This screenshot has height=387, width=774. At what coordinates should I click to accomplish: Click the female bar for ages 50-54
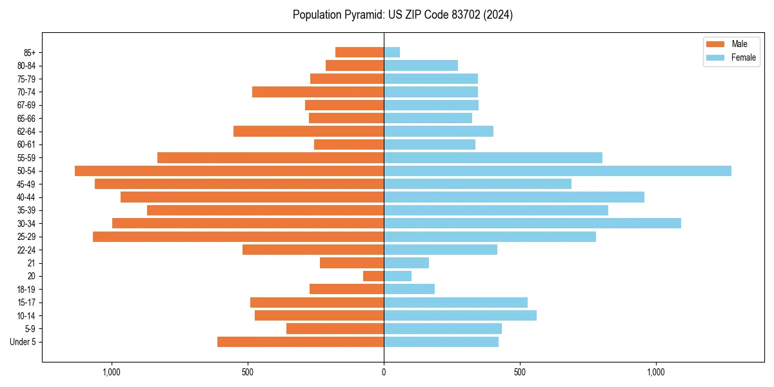point(557,171)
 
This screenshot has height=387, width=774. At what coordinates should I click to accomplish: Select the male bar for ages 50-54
point(229,171)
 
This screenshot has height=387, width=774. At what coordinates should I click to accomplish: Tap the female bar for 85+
point(392,52)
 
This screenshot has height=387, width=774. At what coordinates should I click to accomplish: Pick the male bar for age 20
point(373,276)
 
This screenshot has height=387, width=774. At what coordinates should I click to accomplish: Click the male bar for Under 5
point(301,342)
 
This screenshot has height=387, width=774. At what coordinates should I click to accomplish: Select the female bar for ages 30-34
point(532,223)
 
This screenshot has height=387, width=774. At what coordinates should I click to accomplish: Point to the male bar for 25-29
point(238,237)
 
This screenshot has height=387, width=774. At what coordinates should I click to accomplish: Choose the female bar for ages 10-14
point(460,315)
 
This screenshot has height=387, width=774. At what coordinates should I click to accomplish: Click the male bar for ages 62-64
point(308,132)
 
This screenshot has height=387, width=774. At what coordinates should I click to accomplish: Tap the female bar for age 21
point(406,263)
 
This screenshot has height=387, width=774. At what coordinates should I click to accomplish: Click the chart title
point(402,15)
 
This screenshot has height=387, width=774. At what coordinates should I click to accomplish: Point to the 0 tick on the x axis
point(384,372)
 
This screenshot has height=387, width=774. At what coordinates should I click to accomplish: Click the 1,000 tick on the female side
point(655,372)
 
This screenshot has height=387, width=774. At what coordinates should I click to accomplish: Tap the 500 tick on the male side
point(248,372)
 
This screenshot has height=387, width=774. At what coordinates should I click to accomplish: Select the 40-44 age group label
point(26,197)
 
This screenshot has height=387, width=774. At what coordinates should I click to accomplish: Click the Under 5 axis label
point(23,342)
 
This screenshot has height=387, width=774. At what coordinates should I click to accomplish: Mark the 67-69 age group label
point(26,105)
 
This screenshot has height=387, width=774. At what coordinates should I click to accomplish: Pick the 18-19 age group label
point(26,290)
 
